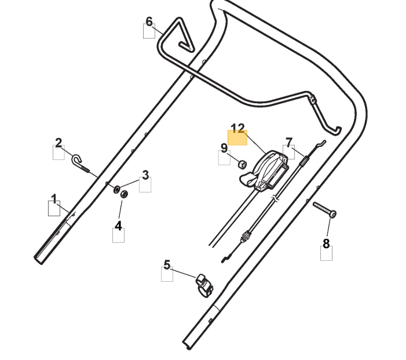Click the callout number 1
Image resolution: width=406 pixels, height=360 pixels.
[54, 199]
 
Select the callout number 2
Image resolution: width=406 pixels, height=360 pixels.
[58, 142]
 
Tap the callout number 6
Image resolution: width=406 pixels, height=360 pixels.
[149, 21]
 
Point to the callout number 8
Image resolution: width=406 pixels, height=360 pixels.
[326, 243]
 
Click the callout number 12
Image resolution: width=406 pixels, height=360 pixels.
[237, 128]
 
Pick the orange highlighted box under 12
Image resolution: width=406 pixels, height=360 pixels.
[237, 138]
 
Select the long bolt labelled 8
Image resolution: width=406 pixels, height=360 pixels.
[324, 209]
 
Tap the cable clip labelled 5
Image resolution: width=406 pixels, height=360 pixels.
[204, 284]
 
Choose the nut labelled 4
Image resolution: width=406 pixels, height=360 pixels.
[123, 193]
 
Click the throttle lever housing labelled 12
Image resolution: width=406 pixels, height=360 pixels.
[268, 169]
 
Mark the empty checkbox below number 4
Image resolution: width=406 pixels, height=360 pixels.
[118, 235]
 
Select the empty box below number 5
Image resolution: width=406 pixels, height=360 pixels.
[167, 274]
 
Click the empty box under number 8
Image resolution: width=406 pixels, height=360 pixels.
[326, 254]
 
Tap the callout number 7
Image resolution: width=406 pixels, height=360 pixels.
[289, 142]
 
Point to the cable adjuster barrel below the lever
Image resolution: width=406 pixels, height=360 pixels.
[247, 237]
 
